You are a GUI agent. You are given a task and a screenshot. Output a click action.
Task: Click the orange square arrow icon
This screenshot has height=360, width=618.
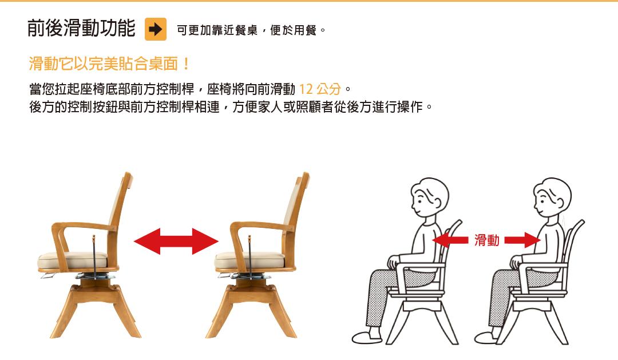coord(155,29)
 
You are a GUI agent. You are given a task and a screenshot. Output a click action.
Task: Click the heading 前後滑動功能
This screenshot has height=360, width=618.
coord(81,28)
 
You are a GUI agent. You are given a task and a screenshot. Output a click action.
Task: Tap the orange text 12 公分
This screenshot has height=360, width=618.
coord(320,89)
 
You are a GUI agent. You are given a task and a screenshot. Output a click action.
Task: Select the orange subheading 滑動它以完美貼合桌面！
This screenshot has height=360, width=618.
coord(109,64)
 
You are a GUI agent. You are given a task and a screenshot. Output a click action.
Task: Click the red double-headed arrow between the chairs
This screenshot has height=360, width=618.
coord(176,241)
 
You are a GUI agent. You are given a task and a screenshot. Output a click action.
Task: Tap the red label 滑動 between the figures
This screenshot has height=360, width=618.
coord(487,240)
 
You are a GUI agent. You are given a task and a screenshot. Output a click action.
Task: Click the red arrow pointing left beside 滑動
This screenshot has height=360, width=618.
coord(450,240)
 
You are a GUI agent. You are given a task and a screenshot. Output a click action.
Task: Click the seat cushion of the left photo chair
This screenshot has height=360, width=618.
coord(73,260)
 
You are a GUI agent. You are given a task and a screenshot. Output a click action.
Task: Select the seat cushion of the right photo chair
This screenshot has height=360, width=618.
coord(249,260)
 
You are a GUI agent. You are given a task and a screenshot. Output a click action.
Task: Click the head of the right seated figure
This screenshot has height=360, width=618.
coord(552,196)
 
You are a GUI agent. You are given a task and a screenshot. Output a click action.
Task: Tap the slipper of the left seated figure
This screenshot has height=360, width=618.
coord(367,337)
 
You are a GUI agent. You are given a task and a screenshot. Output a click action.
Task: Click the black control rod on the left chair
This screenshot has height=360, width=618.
coord(94,256)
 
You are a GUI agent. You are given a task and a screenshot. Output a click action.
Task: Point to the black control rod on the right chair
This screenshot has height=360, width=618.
coord(249,256)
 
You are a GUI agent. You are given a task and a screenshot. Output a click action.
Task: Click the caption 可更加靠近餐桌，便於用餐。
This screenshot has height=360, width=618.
coord(251,30)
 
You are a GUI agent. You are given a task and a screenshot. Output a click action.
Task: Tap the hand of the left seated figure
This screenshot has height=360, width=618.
coord(393,262)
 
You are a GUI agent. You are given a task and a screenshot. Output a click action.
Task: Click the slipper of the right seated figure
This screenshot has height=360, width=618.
coord(489,337)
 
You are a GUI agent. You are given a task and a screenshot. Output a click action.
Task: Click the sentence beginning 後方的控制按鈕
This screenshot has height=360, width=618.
coord(231,107)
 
